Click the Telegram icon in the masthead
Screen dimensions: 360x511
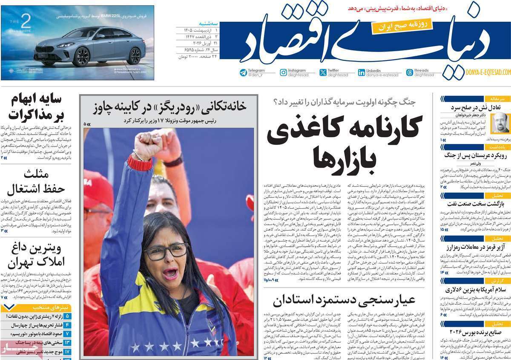tap(243, 72)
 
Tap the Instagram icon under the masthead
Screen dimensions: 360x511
tap(283, 72)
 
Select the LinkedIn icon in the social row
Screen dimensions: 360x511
tap(361, 72)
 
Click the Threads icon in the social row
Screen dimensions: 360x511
tap(409, 72)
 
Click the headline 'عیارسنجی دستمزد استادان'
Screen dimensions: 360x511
tap(344, 301)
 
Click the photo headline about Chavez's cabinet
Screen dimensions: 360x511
tap(169, 106)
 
